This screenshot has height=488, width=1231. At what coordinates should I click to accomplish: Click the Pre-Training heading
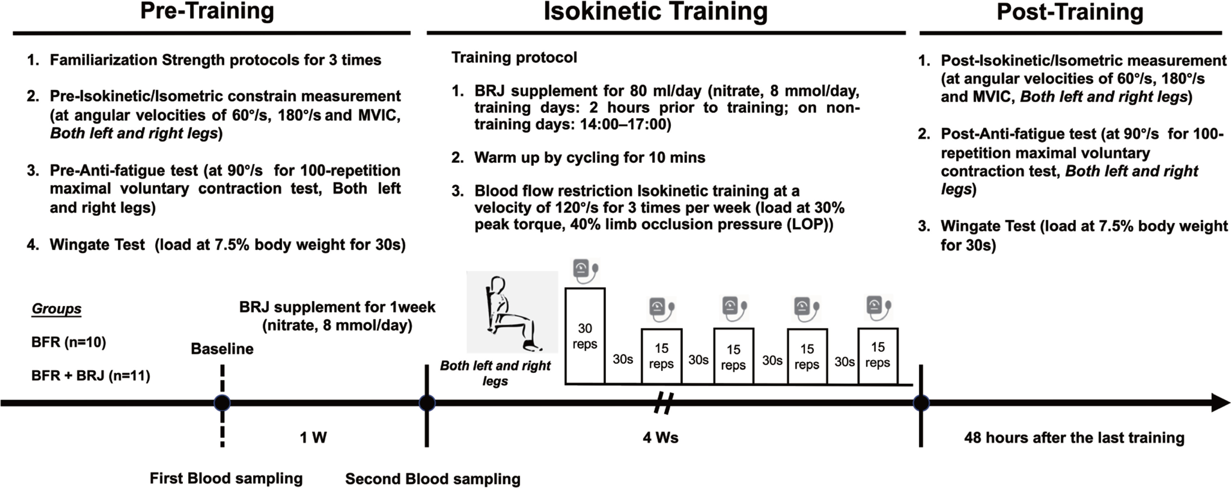(207, 12)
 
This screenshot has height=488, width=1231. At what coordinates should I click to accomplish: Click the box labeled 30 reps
(585, 336)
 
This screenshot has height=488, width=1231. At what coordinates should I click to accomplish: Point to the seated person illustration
(512, 312)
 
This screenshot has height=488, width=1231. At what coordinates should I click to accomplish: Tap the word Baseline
(222, 349)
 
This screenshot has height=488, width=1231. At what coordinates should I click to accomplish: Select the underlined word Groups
(56, 308)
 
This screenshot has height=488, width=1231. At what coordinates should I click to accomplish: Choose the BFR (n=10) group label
(68, 342)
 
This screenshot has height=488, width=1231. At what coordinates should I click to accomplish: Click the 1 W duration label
(313, 437)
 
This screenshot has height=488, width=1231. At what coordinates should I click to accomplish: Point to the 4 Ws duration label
(660, 437)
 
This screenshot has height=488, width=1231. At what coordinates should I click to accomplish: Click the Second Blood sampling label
(432, 479)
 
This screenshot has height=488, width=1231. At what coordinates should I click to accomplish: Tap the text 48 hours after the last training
(1074, 437)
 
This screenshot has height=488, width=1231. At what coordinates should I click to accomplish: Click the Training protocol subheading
(514, 57)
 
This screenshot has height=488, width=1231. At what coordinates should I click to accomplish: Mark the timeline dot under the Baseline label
(222, 403)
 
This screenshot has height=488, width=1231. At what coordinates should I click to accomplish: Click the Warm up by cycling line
(589, 157)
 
